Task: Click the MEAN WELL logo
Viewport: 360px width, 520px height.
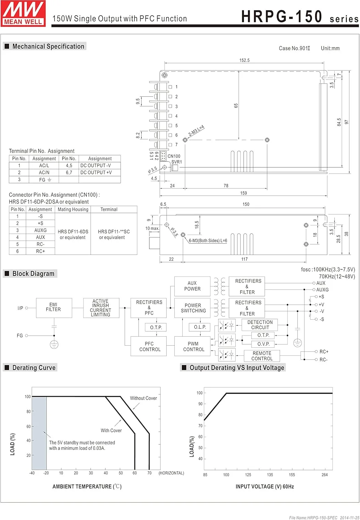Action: [23, 13]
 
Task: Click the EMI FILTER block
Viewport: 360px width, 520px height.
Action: [54, 307]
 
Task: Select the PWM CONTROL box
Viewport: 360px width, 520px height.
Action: [193, 346]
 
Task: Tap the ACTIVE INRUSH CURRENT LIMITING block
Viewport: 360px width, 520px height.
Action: [101, 308]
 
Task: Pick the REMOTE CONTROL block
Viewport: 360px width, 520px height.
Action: [262, 356]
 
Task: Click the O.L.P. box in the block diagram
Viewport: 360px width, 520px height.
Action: [200, 327]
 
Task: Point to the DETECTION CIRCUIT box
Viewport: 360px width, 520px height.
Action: [260, 325]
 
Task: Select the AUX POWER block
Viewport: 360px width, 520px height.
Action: [192, 286]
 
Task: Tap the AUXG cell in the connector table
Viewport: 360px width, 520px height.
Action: [40, 230]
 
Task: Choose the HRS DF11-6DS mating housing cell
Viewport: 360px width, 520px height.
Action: [73, 234]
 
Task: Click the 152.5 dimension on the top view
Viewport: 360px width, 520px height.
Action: [244, 60]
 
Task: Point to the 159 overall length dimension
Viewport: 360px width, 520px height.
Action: [244, 193]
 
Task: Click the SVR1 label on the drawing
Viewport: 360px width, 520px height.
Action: [176, 162]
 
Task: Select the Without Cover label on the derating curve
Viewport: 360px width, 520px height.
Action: [143, 398]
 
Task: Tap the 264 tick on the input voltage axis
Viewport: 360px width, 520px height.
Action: [325, 475]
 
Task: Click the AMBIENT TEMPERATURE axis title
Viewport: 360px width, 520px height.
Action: [87, 486]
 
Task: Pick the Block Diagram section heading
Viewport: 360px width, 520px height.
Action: [33, 274]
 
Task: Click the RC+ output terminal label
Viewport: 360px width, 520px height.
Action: [324, 352]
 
